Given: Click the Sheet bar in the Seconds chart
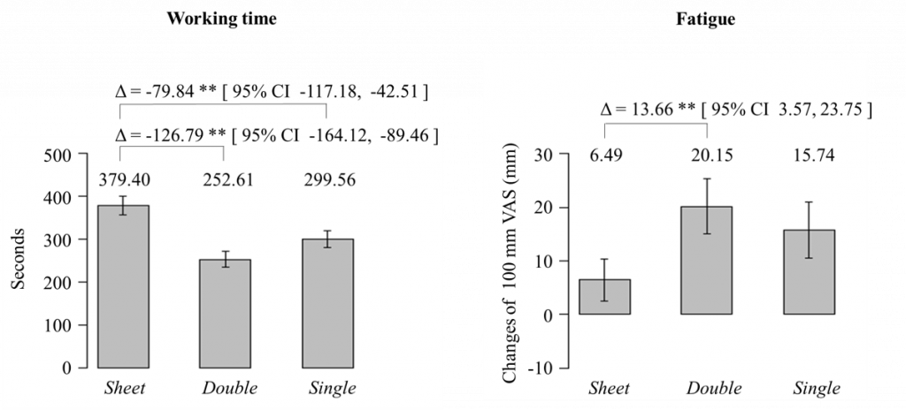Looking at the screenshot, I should [123, 286].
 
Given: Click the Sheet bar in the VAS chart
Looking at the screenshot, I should [605, 297].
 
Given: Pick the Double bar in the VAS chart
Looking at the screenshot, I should [706, 261].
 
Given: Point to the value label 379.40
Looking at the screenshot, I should [123, 179].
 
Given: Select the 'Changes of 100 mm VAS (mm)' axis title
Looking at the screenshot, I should [511, 262].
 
